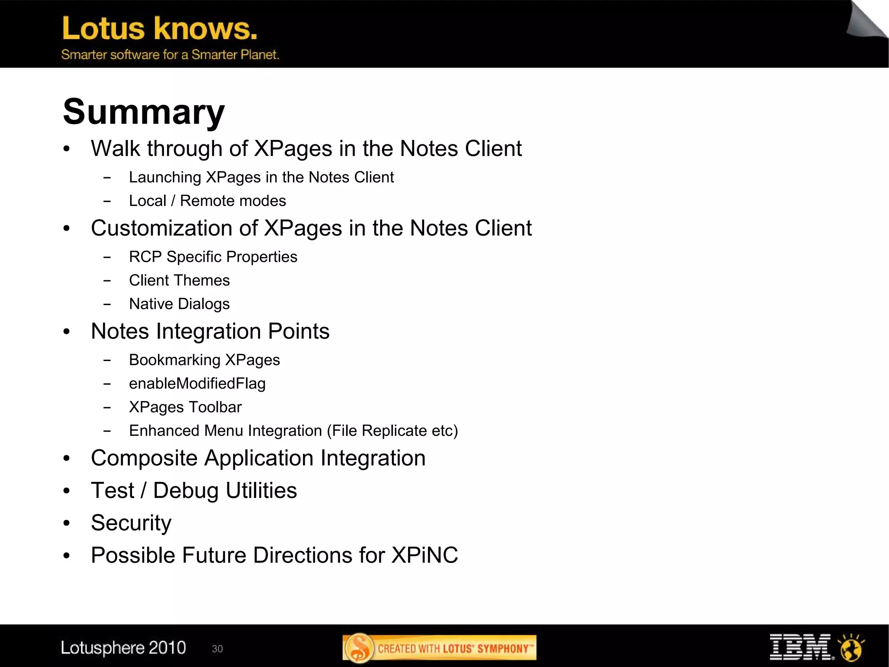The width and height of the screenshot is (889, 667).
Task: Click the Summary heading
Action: click(144, 111)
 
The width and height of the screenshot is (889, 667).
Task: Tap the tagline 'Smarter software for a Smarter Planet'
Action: click(170, 55)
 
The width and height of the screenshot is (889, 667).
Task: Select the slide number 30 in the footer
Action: click(217, 649)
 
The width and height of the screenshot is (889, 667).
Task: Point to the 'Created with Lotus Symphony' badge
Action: click(439, 648)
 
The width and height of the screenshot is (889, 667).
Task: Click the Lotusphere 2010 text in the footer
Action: click(123, 648)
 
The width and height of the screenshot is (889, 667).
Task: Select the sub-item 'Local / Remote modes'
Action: click(207, 201)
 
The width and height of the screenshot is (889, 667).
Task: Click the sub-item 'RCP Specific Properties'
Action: click(213, 257)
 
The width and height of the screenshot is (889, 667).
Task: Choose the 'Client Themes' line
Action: click(179, 280)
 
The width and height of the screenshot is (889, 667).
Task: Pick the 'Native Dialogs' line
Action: click(179, 304)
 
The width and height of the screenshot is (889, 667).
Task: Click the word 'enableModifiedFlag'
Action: click(197, 383)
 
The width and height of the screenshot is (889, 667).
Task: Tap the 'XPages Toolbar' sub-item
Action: click(185, 407)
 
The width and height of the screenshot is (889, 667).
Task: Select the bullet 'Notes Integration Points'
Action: click(210, 331)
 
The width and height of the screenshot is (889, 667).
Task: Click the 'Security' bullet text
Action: click(131, 523)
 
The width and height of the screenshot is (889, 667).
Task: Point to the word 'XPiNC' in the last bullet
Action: click(425, 555)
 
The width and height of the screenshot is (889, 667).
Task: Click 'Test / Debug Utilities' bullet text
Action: click(194, 491)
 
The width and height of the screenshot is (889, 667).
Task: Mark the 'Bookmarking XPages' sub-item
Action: click(204, 360)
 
